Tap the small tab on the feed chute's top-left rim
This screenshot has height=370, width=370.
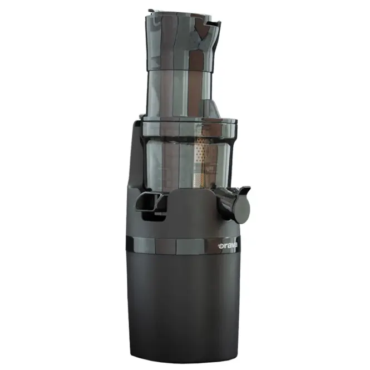coord(151,11)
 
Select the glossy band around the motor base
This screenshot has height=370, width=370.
coord(182,245)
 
